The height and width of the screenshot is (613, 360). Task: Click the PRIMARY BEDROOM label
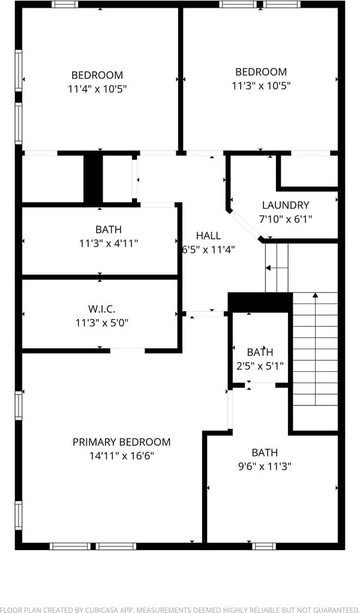coord(121,442)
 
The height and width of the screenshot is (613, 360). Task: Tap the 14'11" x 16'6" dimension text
coord(121,456)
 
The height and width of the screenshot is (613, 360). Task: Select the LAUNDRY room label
coord(286,205)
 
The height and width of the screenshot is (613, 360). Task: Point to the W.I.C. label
coord(101,309)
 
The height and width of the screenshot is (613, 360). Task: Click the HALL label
coord(208,236)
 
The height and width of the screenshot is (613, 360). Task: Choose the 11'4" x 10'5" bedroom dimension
coord(97,89)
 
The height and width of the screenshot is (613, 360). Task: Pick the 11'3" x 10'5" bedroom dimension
coord(261,85)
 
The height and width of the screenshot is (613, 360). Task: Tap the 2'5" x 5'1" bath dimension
coord(260,365)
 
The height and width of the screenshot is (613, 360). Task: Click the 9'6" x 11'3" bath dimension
coord(265,466)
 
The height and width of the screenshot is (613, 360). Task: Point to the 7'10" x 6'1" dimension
coord(286,219)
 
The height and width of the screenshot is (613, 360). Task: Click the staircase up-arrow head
coord(315,295)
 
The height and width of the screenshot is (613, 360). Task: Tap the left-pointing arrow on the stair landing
coord(269,268)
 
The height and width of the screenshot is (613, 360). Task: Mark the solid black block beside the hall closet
coord(93,179)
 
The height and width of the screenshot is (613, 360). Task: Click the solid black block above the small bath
coord(260,302)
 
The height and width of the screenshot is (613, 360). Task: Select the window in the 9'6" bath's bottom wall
coord(263,546)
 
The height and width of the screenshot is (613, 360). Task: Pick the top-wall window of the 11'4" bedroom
coord(65,4)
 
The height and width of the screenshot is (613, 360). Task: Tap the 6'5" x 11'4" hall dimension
coord(208,250)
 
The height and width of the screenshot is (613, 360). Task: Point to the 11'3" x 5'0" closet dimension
coord(101,322)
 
